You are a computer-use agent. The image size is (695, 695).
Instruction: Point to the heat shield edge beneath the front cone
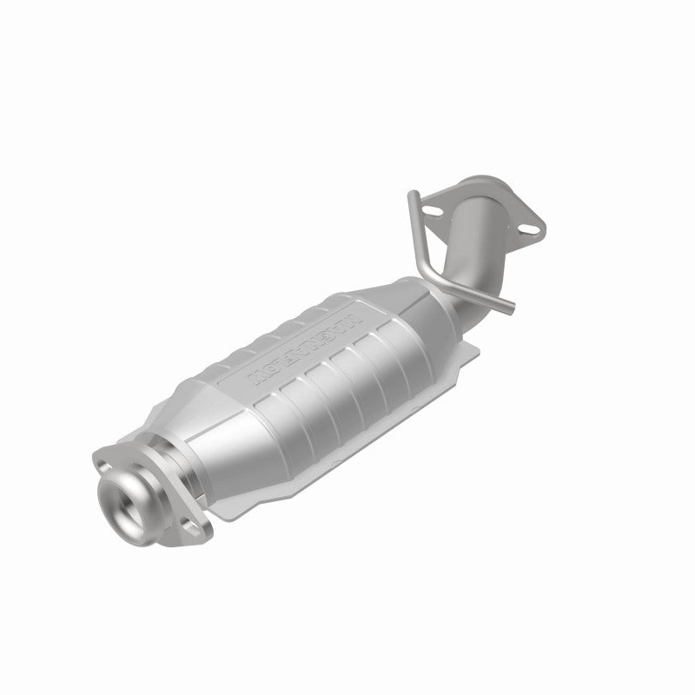point(235,504)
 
